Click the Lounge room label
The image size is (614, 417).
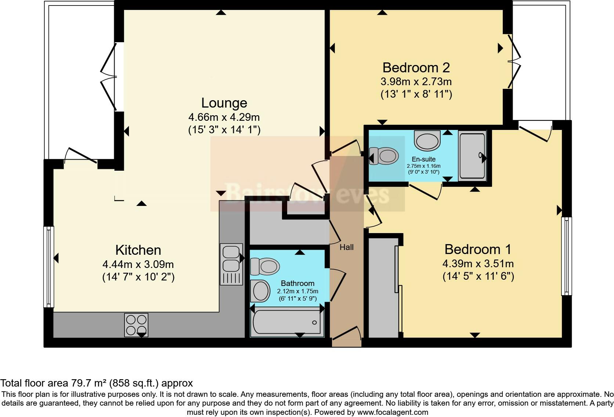pos(224,103)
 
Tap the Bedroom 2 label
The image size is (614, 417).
pos(416,68)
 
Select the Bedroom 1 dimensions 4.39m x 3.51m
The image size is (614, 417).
pos(478,264)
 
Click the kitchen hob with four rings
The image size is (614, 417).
pos(136,324)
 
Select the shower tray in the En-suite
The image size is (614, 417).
pos(472,156)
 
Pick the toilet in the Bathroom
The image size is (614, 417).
pos(265,266)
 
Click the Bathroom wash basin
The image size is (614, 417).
pos(261,291)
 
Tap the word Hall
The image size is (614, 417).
pos(346,247)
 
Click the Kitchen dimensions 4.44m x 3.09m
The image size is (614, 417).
pos(138,264)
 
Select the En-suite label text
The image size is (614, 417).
pos(423,159)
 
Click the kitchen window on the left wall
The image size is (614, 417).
pos(49,267)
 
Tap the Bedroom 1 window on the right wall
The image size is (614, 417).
pos(567,256)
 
